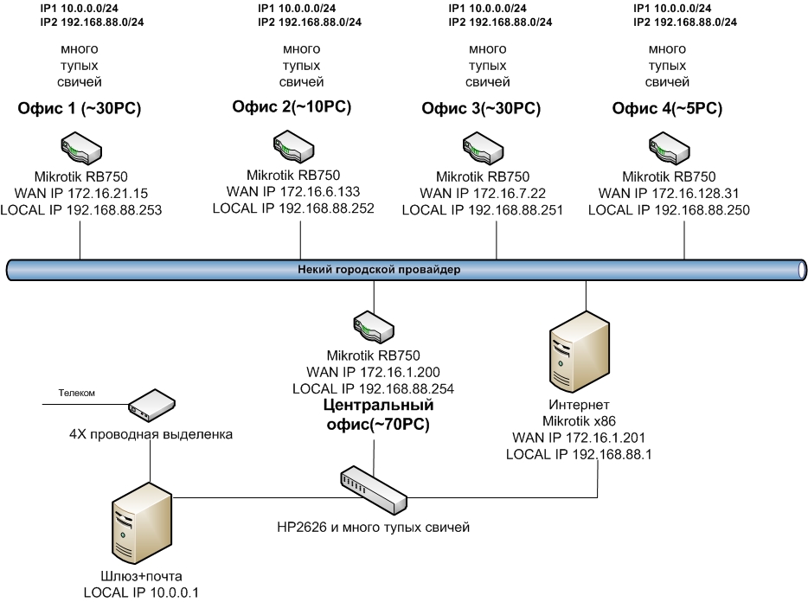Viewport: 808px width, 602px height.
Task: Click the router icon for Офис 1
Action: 80,146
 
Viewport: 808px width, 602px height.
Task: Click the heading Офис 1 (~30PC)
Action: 80,111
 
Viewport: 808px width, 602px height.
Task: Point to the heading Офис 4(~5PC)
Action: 668,109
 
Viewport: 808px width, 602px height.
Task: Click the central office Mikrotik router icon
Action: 373,328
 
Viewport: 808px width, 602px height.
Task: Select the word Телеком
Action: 76,393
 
